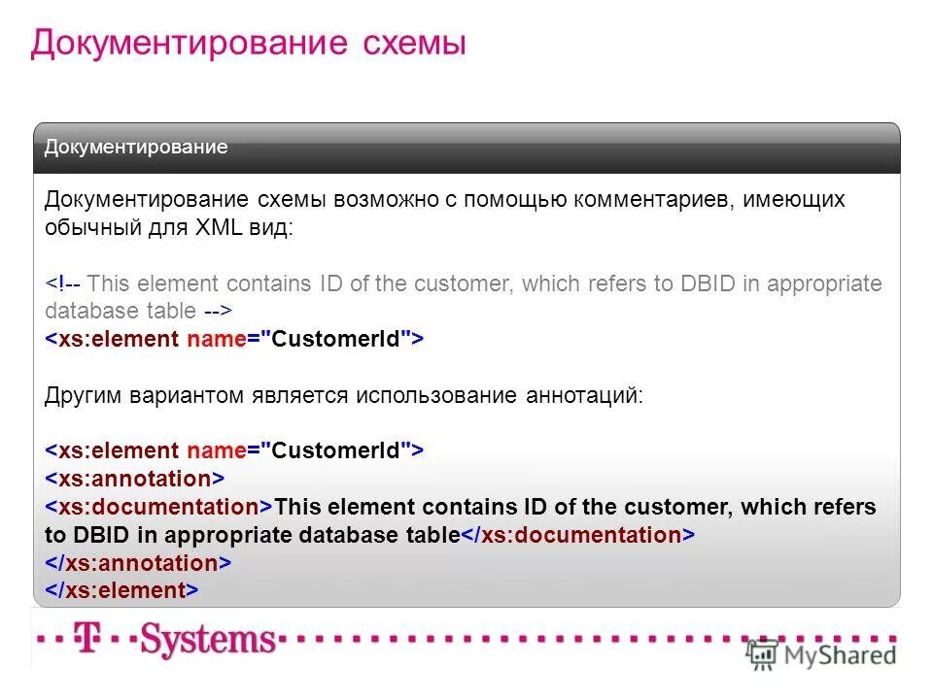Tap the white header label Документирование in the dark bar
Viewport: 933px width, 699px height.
(x=136, y=148)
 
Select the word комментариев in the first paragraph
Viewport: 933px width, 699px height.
(x=655, y=200)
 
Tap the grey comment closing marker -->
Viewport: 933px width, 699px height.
(x=218, y=312)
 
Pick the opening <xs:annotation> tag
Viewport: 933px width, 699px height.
(x=135, y=479)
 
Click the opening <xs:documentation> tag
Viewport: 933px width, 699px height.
(x=158, y=507)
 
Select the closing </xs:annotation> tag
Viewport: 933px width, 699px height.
(x=138, y=563)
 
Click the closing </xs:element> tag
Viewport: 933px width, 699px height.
(x=121, y=590)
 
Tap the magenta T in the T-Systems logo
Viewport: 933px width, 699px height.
(x=88, y=638)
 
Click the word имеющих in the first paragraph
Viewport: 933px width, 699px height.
(x=798, y=200)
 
